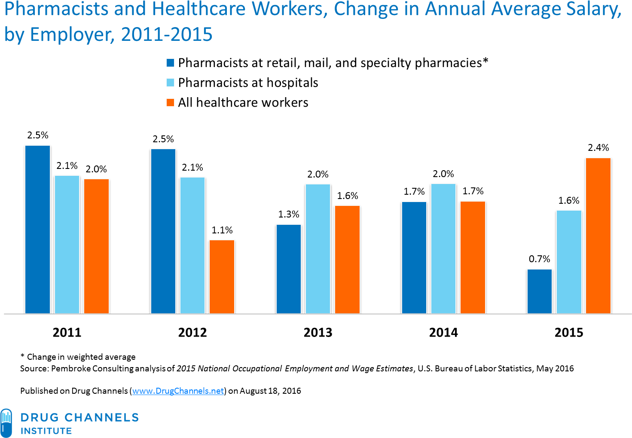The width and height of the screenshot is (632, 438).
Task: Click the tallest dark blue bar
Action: pos(37,230)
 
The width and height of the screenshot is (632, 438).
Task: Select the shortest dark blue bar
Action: pos(539,291)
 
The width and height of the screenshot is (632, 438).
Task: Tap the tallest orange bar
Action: pos(598,236)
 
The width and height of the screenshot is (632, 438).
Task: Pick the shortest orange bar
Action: pos(222,277)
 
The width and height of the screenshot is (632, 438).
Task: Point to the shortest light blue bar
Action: pos(569,262)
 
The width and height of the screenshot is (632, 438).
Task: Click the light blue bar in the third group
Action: pos(318,249)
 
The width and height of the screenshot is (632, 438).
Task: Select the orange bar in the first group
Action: pos(96,246)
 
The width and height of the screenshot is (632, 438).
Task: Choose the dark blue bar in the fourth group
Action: pos(414,257)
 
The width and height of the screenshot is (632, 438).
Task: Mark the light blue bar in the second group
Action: pos(192,245)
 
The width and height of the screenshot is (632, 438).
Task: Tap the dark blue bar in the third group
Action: pos(289,269)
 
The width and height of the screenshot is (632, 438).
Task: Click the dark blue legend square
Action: pos(171,63)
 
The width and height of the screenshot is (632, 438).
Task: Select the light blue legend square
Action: pos(171,83)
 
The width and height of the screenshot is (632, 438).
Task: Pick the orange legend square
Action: pos(171,102)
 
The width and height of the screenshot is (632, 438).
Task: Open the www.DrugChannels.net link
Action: pos(178,391)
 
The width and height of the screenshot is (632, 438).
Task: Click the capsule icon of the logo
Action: pos(6,423)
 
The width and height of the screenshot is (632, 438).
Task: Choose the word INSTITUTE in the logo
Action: pos(46,431)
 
